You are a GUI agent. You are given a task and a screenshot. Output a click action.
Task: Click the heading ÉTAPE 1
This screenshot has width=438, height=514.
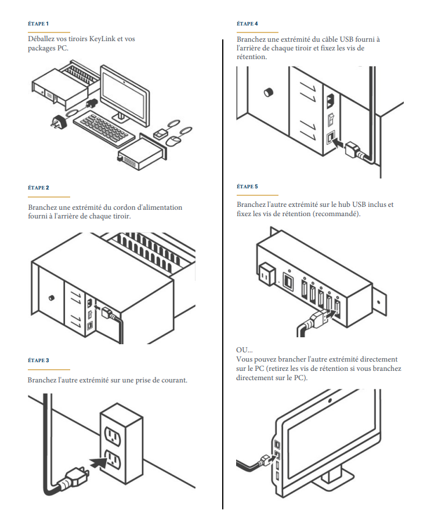[38, 23]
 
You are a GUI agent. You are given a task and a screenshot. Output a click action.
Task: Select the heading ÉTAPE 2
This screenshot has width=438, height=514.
[38, 187]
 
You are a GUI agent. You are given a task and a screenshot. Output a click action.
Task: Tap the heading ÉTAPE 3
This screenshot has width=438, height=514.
[38, 360]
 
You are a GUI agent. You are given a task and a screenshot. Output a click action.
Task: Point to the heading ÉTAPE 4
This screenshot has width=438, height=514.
[248, 23]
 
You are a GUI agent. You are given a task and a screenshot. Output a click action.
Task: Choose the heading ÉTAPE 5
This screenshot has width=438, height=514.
[248, 187]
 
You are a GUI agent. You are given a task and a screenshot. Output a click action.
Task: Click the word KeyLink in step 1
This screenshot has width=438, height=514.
[103, 38]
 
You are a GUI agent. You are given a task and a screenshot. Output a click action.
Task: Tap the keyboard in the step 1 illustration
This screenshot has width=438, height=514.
[103, 126]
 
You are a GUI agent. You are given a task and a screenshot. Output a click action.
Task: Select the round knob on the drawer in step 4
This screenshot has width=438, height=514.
[268, 93]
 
